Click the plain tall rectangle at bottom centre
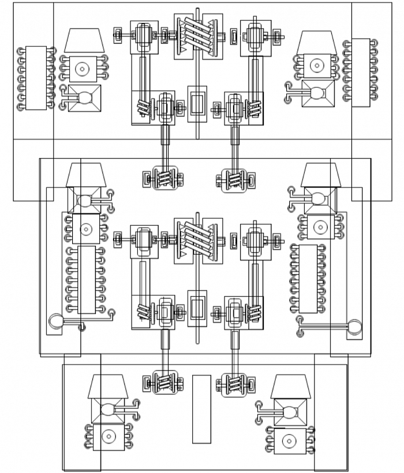[201, 409]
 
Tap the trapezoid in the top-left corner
[84, 40]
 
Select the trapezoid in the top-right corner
[316, 44]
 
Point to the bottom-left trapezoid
[108, 386]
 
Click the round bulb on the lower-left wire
[55, 321]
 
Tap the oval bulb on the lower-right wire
[354, 327]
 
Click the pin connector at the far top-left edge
[36, 78]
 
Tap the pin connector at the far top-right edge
[361, 72]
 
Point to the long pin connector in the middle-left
[86, 280]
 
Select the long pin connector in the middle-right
[308, 278]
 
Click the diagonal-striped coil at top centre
[199, 35]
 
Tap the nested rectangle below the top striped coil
[197, 103]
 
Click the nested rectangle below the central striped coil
[197, 307]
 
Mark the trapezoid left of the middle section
[85, 174]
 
